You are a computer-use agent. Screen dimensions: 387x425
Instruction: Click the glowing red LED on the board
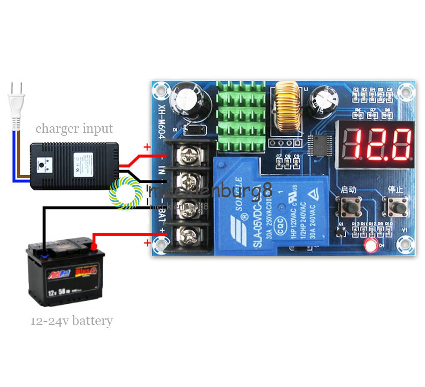[x=371, y=246]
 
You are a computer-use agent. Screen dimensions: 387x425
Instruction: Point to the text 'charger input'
[x=74, y=129]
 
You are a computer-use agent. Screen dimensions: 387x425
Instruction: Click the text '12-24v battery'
[x=72, y=321]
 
